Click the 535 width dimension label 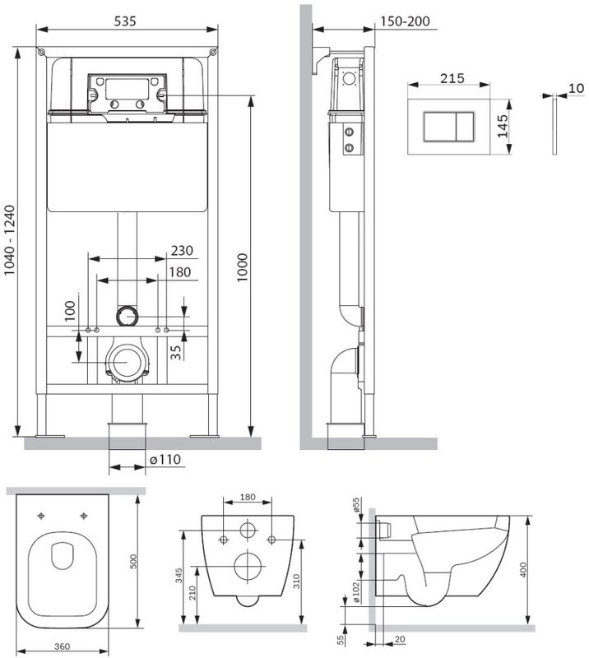click(125, 21)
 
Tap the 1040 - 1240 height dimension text click(10, 240)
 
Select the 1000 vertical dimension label click(243, 268)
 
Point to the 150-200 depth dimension click(405, 21)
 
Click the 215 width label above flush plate click(452, 78)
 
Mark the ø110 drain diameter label click(165, 460)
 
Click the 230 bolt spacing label click(182, 251)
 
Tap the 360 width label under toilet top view click(63, 646)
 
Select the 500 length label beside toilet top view click(133, 562)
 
